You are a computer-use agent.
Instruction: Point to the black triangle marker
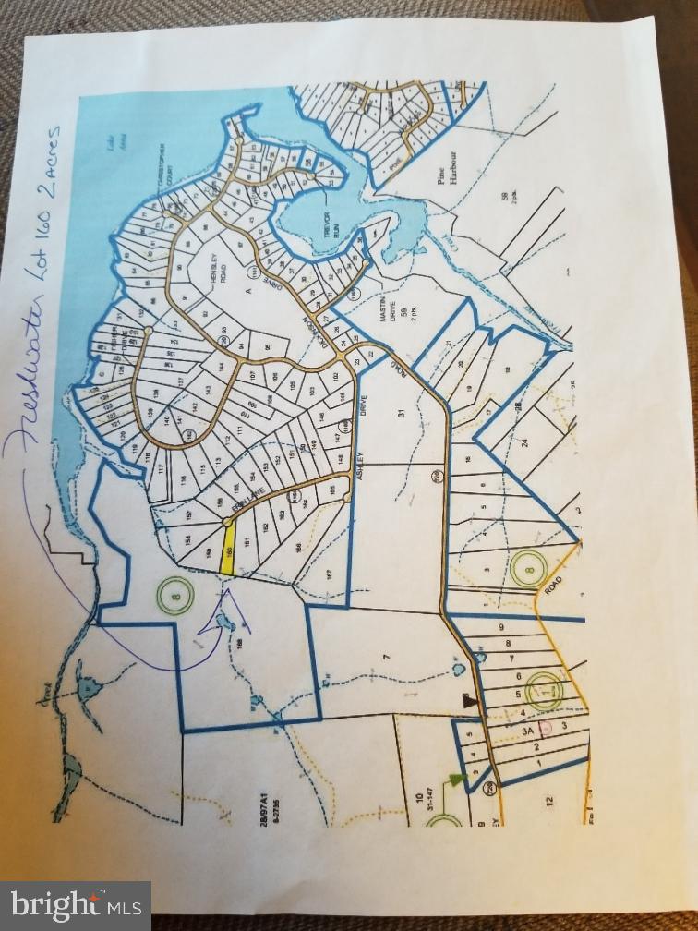[469, 701]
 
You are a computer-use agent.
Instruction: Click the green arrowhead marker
[455, 778]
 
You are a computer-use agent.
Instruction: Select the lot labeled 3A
[529, 730]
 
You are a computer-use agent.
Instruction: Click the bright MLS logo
[76, 905]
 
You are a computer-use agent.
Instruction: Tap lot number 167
[330, 575]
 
